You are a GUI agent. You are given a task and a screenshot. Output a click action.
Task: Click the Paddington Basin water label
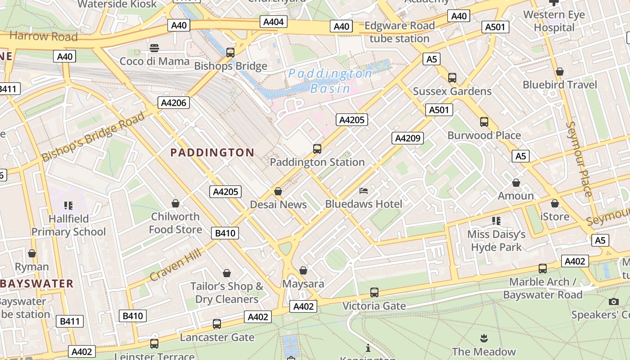pyautogui.click(x=330, y=81)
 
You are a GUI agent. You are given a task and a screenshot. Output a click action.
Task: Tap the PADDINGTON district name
pyautogui.click(x=212, y=153)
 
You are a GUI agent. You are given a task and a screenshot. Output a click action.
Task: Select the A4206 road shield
pyautogui.click(x=174, y=103)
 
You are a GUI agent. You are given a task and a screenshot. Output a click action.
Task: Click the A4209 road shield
pyautogui.click(x=407, y=138)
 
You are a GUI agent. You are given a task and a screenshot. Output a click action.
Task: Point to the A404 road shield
pyautogui.click(x=273, y=22)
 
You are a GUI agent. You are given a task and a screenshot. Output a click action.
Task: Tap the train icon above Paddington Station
pyautogui.click(x=317, y=149)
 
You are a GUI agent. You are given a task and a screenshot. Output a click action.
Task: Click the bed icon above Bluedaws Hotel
pyautogui.click(x=364, y=191)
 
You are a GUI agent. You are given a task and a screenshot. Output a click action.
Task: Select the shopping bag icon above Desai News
pyautogui.click(x=278, y=192)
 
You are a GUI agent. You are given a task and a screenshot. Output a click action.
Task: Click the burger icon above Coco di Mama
pyautogui.click(x=154, y=48)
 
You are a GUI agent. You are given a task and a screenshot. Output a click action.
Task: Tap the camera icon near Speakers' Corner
pyautogui.click(x=614, y=301)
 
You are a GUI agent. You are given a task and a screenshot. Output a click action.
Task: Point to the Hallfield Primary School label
pyautogui.click(x=68, y=225)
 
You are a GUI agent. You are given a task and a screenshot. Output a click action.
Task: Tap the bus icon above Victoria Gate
pyautogui.click(x=374, y=292)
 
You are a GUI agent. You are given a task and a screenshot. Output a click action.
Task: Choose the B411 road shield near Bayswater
pyautogui.click(x=70, y=321)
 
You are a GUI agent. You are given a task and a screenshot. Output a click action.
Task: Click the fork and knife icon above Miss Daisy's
pyautogui.click(x=496, y=221)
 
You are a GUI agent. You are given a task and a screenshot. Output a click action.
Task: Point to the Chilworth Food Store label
pyautogui.click(x=175, y=223)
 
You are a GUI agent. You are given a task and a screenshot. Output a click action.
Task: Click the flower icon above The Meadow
pyautogui.click(x=484, y=338)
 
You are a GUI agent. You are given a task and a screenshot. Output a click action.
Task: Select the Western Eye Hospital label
pyautogui.click(x=554, y=21)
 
